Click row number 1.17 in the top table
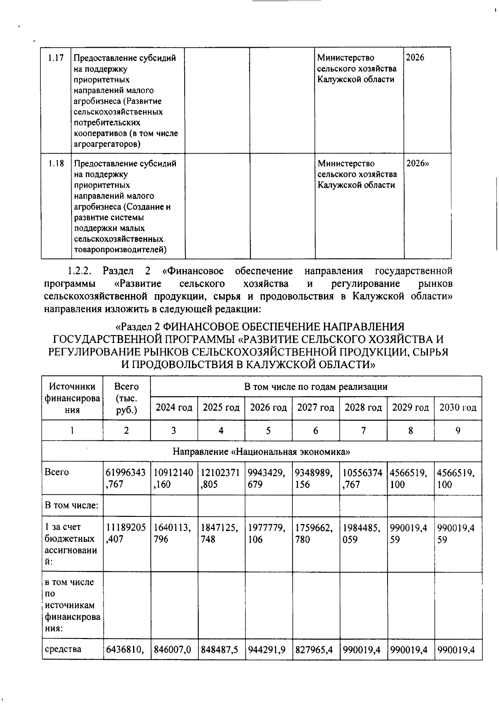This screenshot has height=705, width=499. tap(55, 58)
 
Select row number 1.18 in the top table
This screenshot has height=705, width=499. tap(55, 164)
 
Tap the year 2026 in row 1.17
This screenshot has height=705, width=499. tap(415, 58)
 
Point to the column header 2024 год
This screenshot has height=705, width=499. tap(174, 407)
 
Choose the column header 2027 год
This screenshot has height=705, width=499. tap(316, 407)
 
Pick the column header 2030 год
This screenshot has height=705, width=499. tap(457, 407)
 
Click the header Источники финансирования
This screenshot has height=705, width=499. tap(72, 398)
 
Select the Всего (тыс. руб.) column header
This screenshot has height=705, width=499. tap(126, 398)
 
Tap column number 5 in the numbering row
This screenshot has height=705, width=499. tap(268, 431)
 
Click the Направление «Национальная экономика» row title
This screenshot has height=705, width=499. tap(262, 452)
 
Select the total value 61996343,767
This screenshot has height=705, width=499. tap(126, 478)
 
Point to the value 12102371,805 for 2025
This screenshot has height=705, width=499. tap(220, 478)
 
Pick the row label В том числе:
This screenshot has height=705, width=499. tap(72, 506)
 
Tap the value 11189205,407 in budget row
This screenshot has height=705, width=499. tap(126, 533)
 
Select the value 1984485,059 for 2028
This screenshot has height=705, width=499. tap(362, 533)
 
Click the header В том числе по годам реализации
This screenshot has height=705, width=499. tap(316, 387)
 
